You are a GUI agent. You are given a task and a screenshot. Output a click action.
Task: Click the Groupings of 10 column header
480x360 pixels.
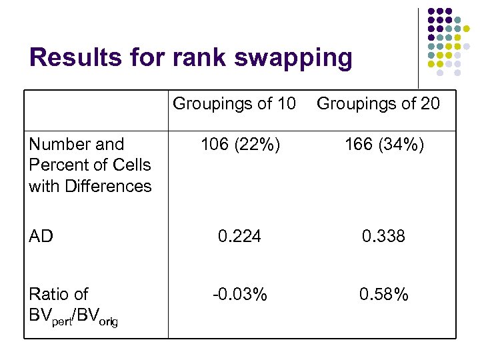click(x=234, y=104)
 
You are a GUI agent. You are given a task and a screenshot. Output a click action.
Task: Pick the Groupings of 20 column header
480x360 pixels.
click(x=378, y=104)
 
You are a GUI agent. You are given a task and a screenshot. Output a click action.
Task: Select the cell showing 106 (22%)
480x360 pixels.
click(x=239, y=145)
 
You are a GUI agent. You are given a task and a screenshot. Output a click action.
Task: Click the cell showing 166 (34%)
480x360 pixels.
click(x=383, y=145)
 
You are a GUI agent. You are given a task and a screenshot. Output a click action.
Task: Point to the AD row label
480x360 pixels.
click(x=41, y=236)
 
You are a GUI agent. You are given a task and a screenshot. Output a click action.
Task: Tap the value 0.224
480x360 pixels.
click(x=239, y=236)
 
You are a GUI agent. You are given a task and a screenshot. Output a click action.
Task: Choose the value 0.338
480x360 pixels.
click(x=383, y=236)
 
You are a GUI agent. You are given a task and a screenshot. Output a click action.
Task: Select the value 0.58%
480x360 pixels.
click(x=383, y=294)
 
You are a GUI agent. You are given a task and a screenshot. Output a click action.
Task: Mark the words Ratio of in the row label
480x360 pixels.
click(x=59, y=294)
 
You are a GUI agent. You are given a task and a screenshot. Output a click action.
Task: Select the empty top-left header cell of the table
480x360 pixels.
click(x=96, y=109)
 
